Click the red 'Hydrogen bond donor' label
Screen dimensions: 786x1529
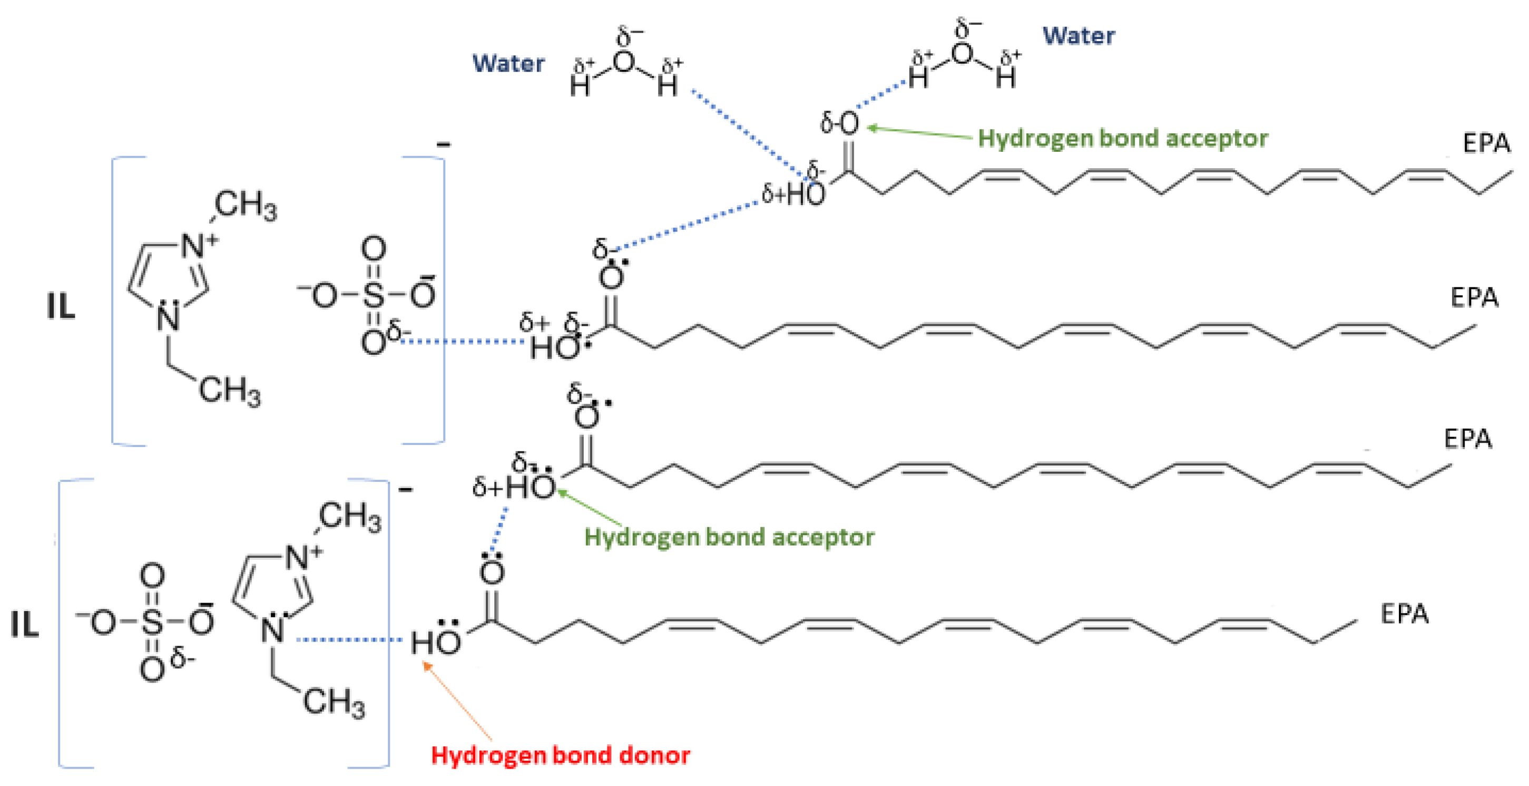560,755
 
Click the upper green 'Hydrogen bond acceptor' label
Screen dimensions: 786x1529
1122,138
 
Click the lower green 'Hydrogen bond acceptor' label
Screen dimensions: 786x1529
729,537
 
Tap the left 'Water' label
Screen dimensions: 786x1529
508,63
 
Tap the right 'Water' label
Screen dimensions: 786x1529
1079,36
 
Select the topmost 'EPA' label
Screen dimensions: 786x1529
1486,144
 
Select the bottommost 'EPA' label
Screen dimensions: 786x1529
1404,614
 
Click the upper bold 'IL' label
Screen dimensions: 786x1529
61,307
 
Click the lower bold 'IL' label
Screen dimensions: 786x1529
24,625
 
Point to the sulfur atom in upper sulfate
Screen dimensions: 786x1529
374,295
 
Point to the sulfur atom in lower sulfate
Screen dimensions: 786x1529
152,622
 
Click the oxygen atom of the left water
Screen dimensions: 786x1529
624,61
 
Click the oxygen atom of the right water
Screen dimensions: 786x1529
962,53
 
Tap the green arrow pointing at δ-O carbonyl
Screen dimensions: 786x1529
920,132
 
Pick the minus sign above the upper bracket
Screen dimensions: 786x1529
444,144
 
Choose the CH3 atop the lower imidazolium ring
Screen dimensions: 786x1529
350,517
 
